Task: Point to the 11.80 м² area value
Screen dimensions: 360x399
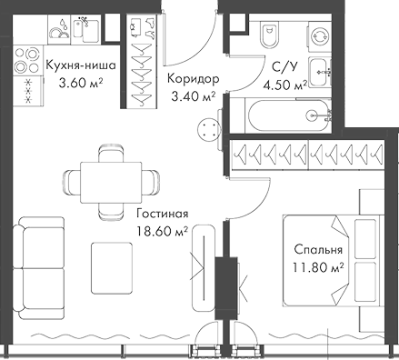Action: [x=318, y=266]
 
